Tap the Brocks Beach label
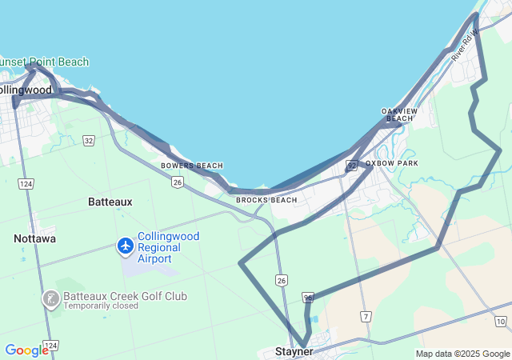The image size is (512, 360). (266, 200)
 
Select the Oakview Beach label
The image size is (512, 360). (399, 114)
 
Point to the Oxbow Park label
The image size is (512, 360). (392, 163)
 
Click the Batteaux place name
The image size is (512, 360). (110, 202)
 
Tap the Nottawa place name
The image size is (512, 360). (34, 238)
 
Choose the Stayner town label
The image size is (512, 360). (294, 351)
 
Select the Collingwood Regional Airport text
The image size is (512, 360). (169, 247)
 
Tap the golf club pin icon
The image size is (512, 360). (51, 298)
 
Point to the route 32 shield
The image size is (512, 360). (89, 141)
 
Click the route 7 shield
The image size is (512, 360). (365, 317)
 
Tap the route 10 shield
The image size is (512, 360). (500, 322)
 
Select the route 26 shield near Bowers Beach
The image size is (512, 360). (177, 182)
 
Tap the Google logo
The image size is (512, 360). (26, 350)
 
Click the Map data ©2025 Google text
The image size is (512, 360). (462, 354)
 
